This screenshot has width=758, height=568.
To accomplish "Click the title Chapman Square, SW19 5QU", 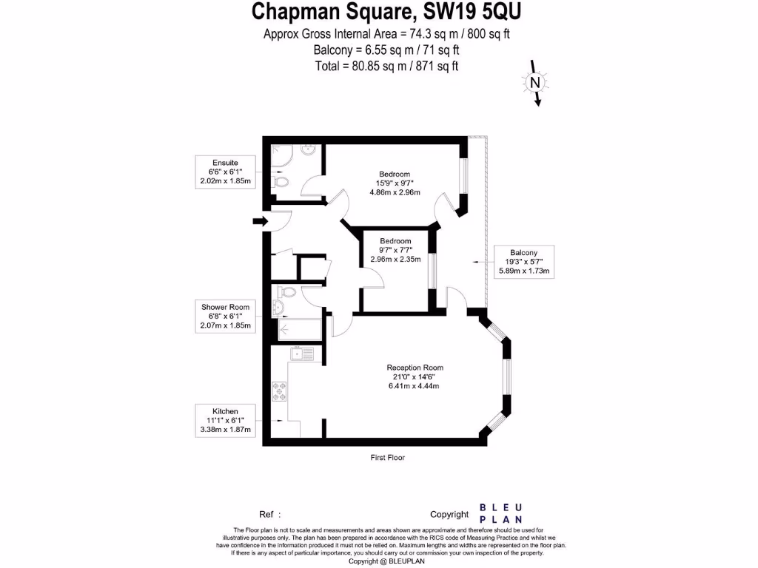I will coord(391,12).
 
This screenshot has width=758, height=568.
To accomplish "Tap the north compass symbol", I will coord(534,83).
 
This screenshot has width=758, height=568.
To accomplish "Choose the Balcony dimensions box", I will coord(524,262).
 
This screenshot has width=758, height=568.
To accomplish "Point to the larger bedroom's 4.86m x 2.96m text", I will coord(395,192).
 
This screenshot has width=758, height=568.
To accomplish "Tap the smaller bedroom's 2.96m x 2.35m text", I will coord(395,259).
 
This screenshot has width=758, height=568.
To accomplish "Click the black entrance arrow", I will coord(260,220).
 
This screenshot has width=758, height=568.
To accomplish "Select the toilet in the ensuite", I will coord(281,180).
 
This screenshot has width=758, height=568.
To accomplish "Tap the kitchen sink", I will coord(303,354).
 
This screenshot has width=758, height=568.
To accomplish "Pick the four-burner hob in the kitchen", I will coord(280,390).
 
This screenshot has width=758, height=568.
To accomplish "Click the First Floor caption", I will coord(388,458).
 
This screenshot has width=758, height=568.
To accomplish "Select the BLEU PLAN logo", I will coord(501,513).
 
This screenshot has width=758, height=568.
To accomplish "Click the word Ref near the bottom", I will coord(266,514).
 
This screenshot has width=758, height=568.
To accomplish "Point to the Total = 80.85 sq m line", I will coord(387,66).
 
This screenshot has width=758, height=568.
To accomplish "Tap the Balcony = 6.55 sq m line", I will coord(387,50).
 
